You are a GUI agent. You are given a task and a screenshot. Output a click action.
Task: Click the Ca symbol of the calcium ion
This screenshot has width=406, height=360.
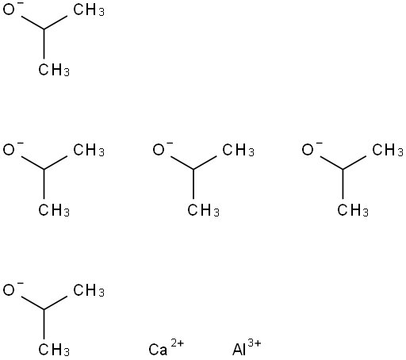tap(158, 350)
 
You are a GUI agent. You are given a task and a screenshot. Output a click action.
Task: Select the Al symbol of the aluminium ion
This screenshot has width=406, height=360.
tap(239, 350)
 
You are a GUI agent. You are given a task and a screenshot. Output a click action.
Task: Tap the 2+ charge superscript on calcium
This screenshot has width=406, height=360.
tap(177, 343)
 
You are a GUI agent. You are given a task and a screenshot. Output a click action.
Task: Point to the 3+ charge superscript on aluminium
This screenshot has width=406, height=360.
tap(255, 343)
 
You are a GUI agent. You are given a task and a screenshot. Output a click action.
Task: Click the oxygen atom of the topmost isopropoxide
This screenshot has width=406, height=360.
tap(9, 10)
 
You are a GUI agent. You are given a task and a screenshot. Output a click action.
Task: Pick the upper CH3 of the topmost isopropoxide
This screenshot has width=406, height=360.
tap(89, 10)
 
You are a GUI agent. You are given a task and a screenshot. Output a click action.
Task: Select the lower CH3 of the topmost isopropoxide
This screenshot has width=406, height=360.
tap(54, 70)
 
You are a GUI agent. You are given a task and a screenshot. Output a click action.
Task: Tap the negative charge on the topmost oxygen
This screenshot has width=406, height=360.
tap(21, 3)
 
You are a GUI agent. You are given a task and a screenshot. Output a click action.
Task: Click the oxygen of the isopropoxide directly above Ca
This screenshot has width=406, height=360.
tap(159, 150)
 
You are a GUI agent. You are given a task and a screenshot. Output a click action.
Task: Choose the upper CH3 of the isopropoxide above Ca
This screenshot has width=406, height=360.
tap(238, 150)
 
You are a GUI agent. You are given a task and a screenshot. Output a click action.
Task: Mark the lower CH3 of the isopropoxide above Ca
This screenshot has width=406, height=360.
tap(203, 210)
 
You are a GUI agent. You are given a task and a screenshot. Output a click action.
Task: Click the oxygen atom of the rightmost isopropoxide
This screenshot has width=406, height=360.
tap(308, 150)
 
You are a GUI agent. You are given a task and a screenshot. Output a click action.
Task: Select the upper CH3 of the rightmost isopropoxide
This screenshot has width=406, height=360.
tap(388, 150)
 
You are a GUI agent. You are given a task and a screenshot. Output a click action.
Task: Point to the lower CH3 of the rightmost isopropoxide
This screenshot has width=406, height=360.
tap(353, 210)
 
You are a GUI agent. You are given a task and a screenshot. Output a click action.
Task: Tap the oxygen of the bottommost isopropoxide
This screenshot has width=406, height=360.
tap(9, 290)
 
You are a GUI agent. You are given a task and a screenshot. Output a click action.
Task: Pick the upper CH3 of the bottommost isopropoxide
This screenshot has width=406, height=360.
tap(89, 290)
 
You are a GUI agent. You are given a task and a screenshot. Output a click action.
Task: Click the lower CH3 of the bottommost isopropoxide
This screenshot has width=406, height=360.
tap(54, 350)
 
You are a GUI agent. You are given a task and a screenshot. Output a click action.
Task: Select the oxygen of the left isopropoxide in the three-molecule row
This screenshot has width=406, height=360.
tap(9, 150)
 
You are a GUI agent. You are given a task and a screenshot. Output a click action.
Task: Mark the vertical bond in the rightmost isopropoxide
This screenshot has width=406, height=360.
tap(343, 184)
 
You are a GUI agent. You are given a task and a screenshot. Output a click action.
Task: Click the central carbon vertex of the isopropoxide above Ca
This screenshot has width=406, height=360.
tap(193, 169)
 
